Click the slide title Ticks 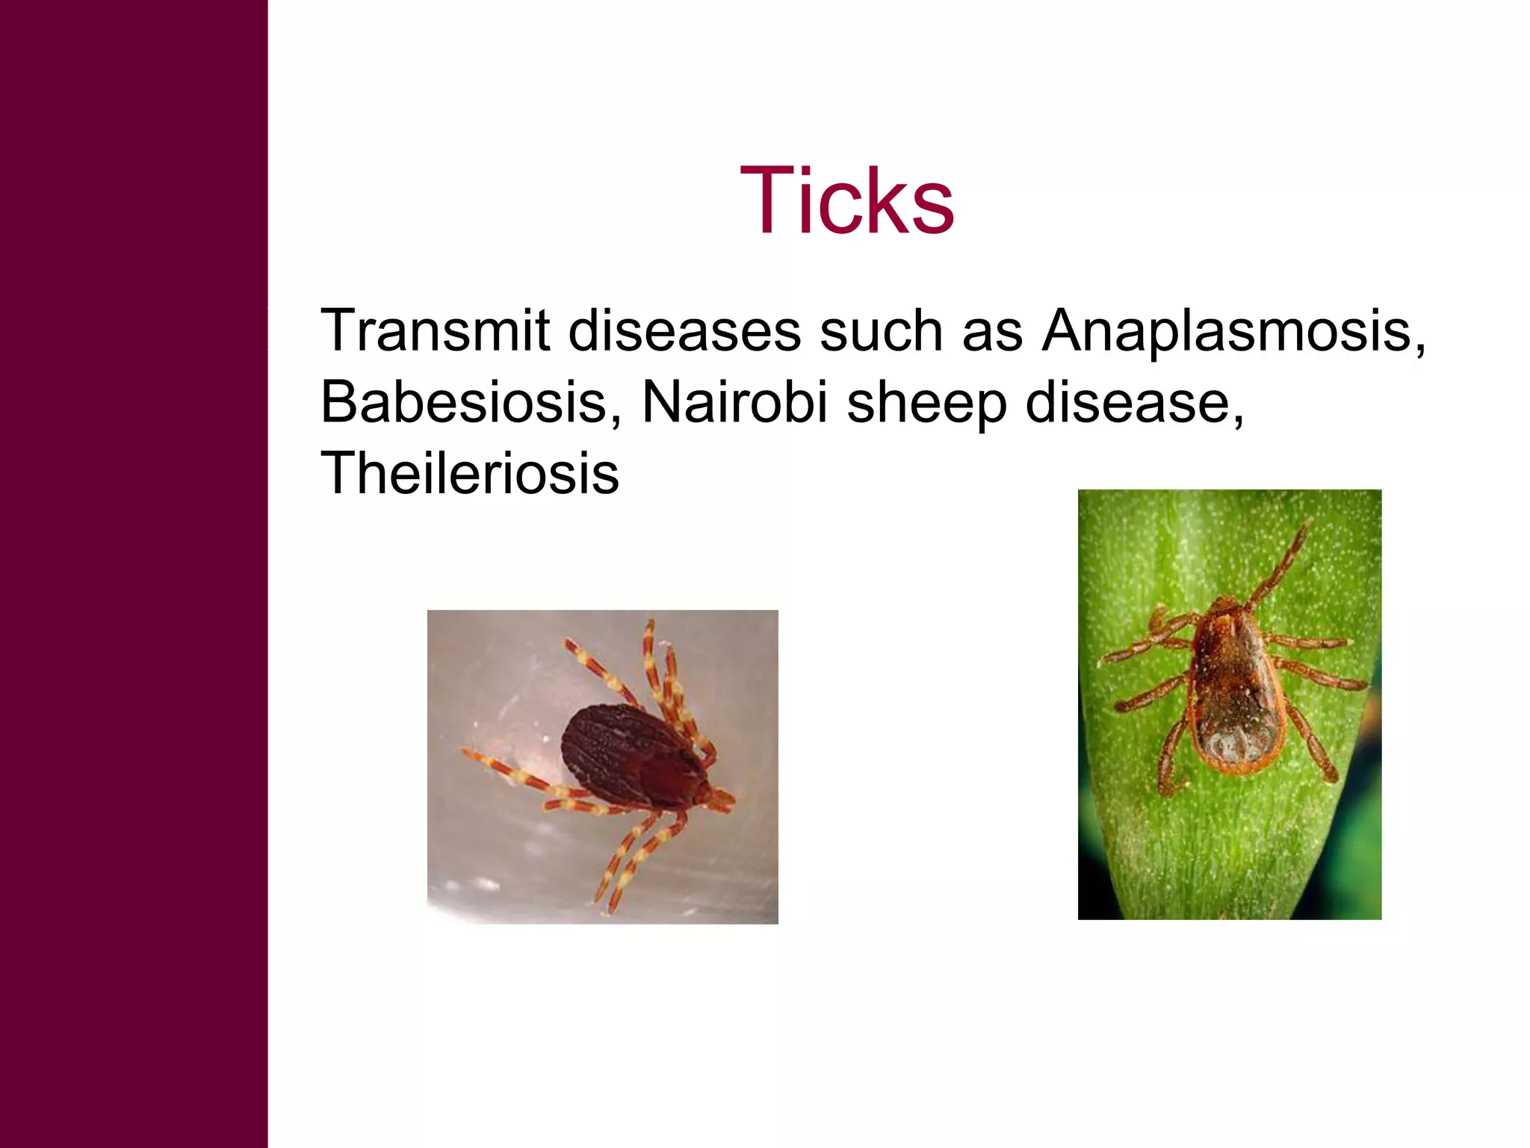(x=846, y=200)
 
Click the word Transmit (x=435, y=330)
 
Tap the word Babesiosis (x=464, y=402)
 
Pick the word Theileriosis (x=469, y=473)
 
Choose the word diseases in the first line (x=684, y=330)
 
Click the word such (x=881, y=330)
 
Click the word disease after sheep (x=1127, y=402)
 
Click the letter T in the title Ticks (x=764, y=200)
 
